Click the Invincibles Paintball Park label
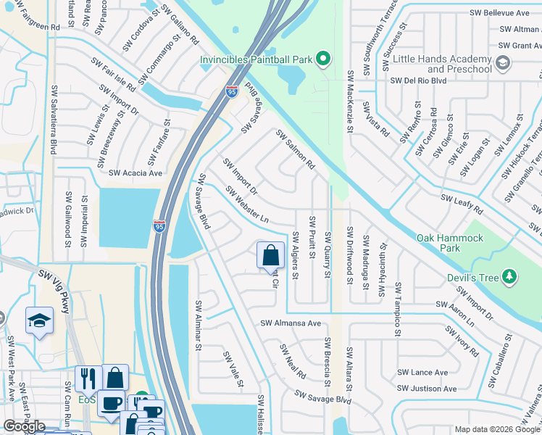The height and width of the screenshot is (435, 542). click(x=257, y=59)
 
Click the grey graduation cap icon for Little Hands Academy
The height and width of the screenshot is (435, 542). click(x=501, y=65)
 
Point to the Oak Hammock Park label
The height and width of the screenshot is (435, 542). click(x=438, y=243)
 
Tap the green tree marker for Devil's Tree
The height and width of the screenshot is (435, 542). click(x=510, y=276)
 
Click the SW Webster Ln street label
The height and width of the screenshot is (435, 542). click(x=247, y=205)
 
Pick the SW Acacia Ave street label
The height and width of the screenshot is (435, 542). click(x=135, y=173)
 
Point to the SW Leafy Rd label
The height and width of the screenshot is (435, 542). click(x=462, y=203)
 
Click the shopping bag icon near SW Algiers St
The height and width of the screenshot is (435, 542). click(x=270, y=255)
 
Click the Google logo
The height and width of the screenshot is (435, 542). click(x=24, y=426)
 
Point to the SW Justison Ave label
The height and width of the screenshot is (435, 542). click(x=428, y=389)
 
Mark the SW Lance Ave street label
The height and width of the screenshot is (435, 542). click(x=422, y=373)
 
